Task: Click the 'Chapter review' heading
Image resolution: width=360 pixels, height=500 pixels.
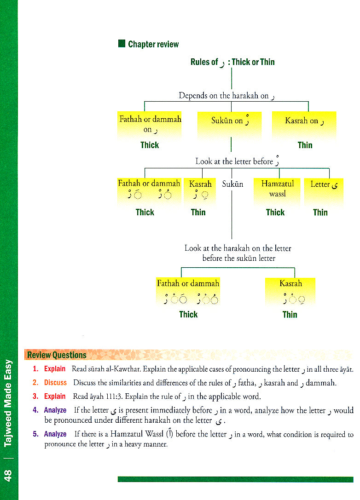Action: pyautogui.click(x=153, y=45)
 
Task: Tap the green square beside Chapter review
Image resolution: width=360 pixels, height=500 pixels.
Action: pyautogui.click(x=122, y=44)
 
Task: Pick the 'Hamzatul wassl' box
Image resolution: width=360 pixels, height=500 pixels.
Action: pyautogui.click(x=277, y=191)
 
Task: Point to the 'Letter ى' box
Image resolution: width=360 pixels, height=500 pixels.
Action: pyautogui.click(x=324, y=191)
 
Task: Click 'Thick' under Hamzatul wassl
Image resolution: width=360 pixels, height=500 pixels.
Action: pyautogui.click(x=275, y=212)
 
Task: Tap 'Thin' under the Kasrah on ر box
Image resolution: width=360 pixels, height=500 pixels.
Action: pyautogui.click(x=305, y=145)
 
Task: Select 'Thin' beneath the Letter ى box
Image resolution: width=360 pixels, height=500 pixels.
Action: pyautogui.click(x=320, y=212)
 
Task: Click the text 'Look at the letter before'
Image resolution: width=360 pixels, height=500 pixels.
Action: pyautogui.click(x=234, y=161)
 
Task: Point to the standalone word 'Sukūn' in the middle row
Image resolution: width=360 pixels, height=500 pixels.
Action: pyautogui.click(x=232, y=184)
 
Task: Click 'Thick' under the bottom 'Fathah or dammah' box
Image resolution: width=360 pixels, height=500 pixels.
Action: pyautogui.click(x=188, y=315)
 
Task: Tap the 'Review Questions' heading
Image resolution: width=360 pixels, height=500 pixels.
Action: pyautogui.click(x=57, y=355)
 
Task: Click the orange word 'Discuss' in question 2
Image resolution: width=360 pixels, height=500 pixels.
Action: pyautogui.click(x=55, y=383)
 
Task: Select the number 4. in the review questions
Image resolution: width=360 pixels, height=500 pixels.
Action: pyautogui.click(x=36, y=410)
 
